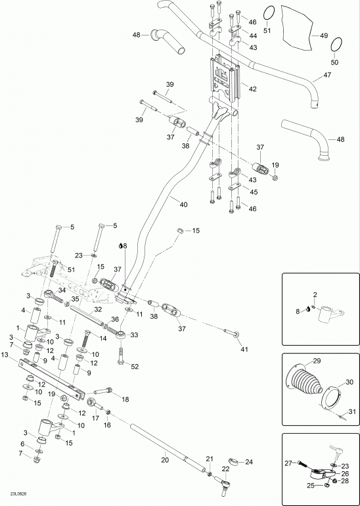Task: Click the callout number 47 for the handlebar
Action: tap(327, 76)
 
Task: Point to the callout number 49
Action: tap(324, 35)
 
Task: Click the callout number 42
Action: tap(252, 89)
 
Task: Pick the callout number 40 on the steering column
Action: tap(183, 204)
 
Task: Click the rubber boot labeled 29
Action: tap(304, 380)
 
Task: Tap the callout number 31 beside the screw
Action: tap(352, 412)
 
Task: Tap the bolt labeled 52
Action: tap(121, 356)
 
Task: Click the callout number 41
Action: tap(244, 349)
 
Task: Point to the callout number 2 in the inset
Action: tap(315, 294)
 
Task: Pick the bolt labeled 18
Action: tap(103, 392)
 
